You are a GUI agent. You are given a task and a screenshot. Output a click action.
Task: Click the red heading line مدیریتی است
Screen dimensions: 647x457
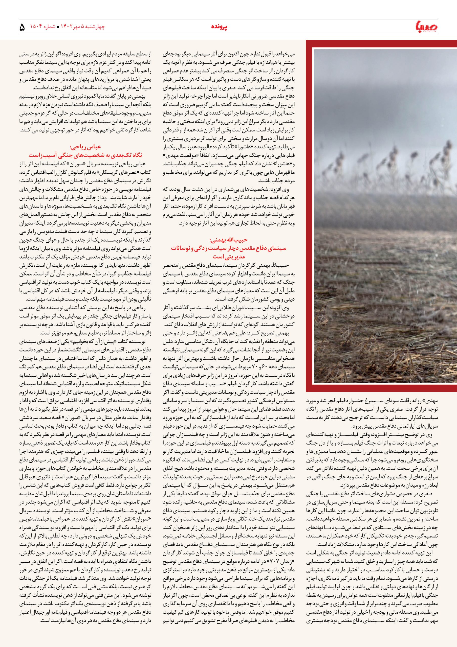(229, 257)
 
